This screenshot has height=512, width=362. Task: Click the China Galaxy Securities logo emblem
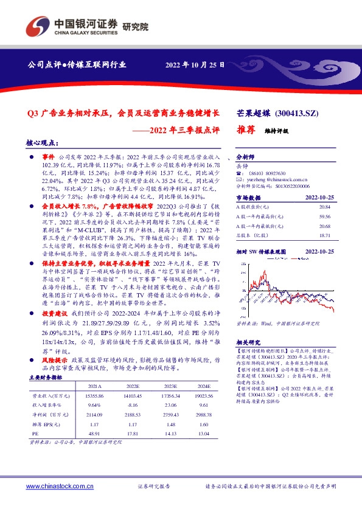pos(36,26)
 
